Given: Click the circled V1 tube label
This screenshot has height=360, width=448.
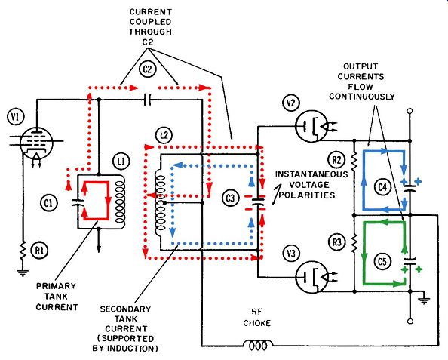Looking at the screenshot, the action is coord(16,117).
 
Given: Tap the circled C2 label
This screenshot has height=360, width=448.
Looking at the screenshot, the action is coord(147,69).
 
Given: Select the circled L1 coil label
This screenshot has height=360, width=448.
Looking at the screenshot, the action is coord(121,162).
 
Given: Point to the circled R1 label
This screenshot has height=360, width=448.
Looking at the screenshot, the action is coord(39,251).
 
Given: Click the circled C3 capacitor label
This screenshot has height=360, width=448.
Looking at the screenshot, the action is coord(230,198).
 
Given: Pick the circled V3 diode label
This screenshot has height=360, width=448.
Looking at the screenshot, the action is coord(291,253).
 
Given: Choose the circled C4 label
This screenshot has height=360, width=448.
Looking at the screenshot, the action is coord(382,188).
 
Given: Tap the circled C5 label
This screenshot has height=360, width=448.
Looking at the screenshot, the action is coord(382,261).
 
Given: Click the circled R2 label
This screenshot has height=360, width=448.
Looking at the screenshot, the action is coord(336,160).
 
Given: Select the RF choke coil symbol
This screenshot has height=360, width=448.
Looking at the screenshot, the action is coord(258,345).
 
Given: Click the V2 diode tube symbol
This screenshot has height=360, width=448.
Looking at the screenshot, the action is coord(312,126).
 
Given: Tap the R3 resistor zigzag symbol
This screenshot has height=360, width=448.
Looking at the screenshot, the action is coord(354,243).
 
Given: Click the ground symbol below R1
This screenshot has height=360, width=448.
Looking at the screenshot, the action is coord(23,273).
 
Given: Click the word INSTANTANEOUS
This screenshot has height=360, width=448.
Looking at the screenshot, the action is coord(311,174).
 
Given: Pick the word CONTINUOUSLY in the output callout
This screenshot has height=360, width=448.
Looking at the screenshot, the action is coord(362,97).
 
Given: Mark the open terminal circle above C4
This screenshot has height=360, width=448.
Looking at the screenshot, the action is coord(410,111).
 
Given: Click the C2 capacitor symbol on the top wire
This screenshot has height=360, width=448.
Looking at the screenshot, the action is coord(147,100).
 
